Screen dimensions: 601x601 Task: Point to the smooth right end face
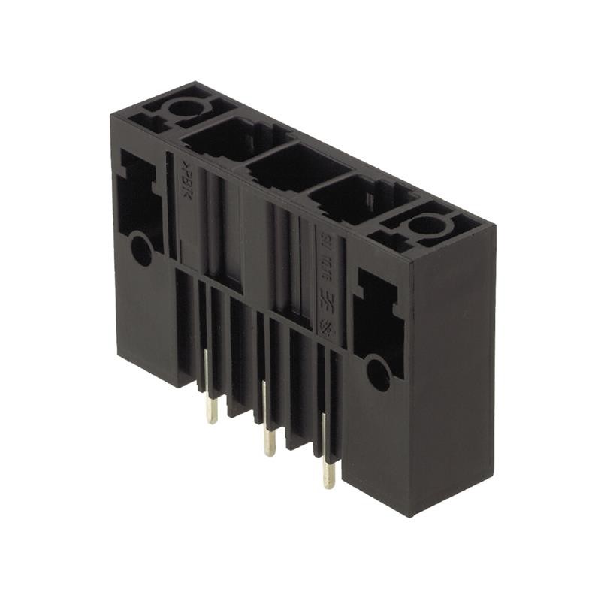point(451,376)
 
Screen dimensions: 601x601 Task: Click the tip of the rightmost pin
point(329,485)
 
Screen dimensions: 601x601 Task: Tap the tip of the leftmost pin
point(213,421)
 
